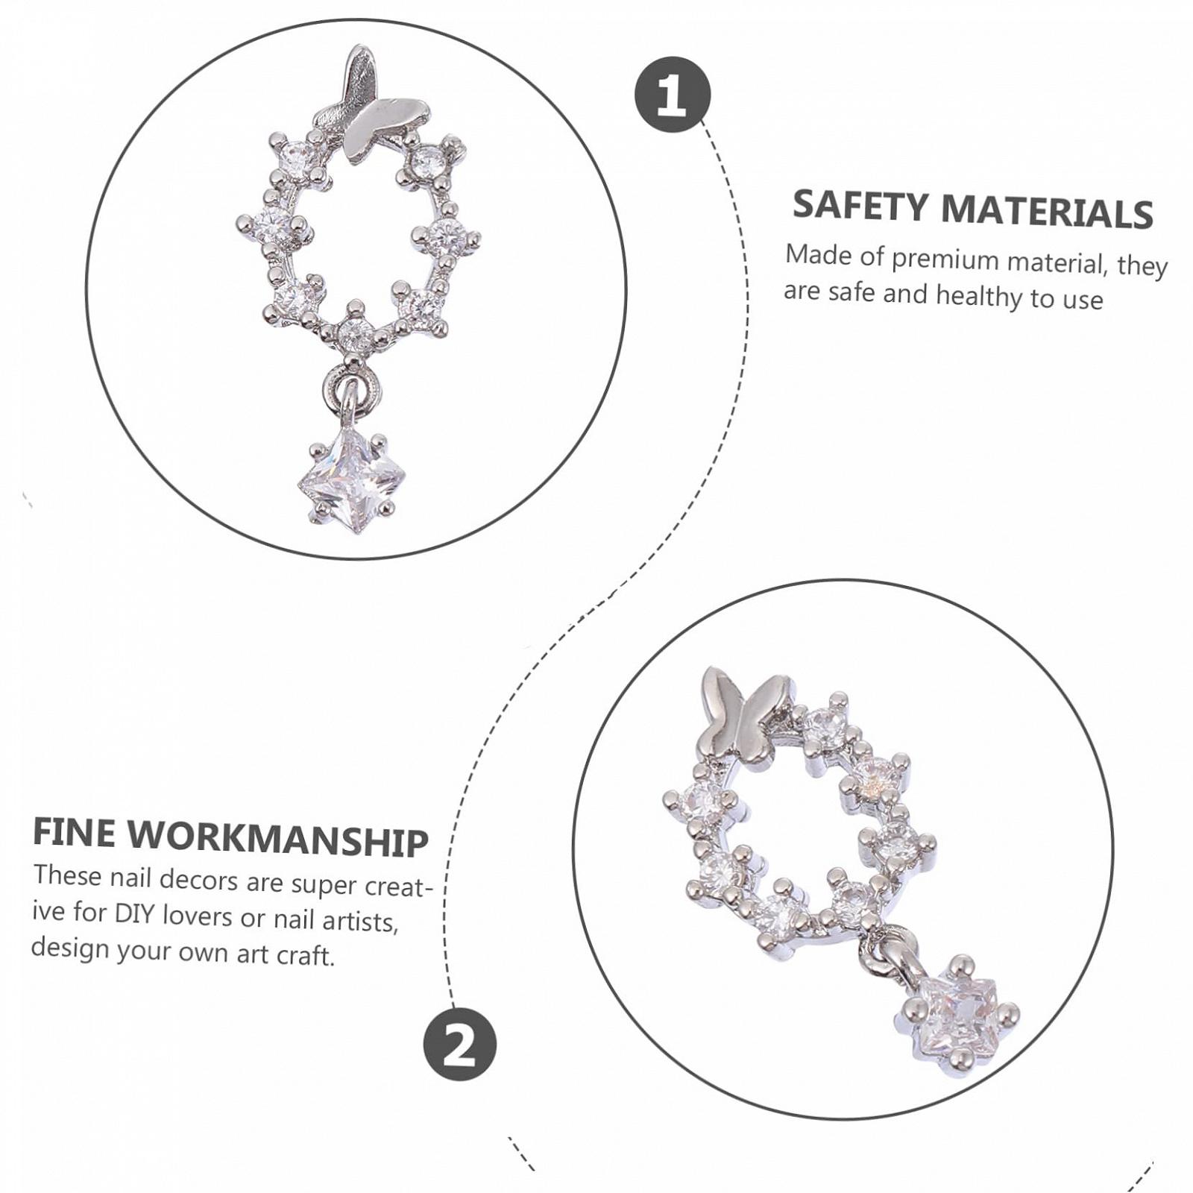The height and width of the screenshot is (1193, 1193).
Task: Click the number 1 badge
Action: coord(672,95)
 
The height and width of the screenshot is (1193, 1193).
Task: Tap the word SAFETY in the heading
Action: coord(861,205)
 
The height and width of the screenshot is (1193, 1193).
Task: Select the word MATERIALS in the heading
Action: coord(1048,211)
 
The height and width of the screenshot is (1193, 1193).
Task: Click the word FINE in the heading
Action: coord(75,832)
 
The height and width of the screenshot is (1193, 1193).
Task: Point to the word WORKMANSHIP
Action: coord(278,840)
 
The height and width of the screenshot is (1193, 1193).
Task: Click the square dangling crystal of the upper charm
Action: coord(352,479)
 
